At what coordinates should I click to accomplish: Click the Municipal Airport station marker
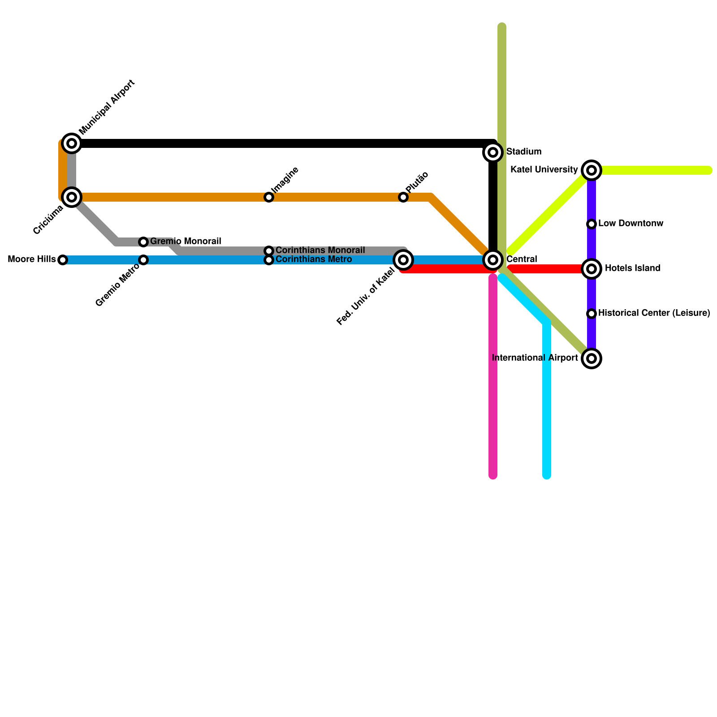tap(72, 143)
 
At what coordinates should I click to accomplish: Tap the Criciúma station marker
tap(72, 197)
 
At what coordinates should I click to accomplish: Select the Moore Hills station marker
tap(63, 260)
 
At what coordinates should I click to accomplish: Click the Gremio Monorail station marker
tap(143, 242)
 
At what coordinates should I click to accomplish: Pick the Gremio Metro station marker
tap(143, 260)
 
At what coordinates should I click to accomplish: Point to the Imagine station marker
tap(269, 197)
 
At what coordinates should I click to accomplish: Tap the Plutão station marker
tap(403, 197)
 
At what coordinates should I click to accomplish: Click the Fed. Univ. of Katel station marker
tap(403, 259)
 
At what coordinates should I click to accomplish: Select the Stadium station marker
tap(493, 152)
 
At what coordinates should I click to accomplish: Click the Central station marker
tap(493, 259)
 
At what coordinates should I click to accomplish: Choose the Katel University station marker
tap(592, 170)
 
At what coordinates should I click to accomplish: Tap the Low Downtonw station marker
tap(592, 224)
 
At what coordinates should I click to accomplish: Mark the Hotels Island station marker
tap(592, 269)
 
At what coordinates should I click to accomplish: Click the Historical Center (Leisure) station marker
tap(592, 314)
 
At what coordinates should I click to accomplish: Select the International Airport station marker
tap(592, 358)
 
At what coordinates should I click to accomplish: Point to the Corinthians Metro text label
tap(313, 259)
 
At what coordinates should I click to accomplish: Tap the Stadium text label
tap(523, 152)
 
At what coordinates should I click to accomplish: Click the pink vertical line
tap(493, 381)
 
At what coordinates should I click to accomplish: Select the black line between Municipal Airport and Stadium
tap(282, 143)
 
